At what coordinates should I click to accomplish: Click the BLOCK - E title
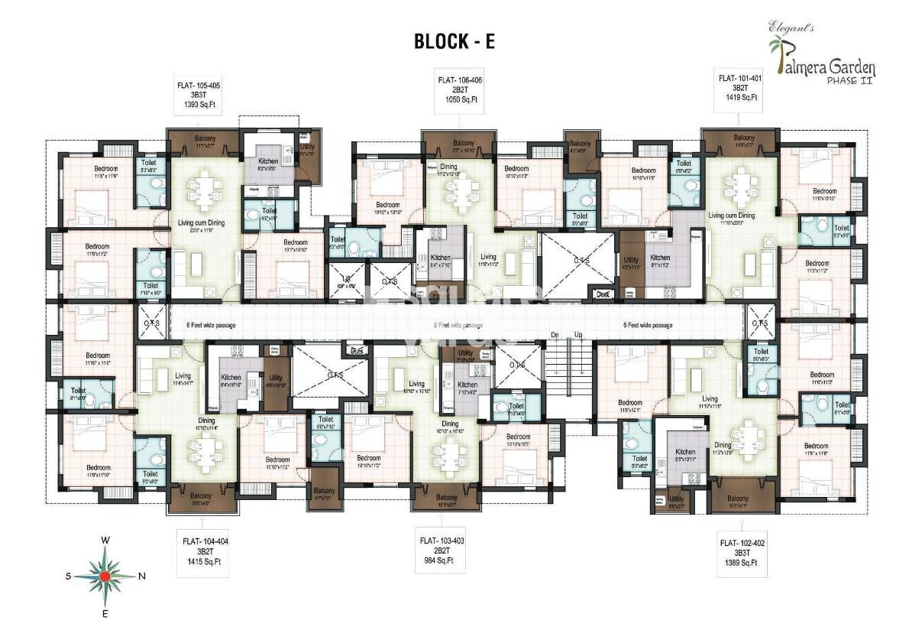pos(454,41)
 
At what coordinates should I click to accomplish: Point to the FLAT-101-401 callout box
pos(739,88)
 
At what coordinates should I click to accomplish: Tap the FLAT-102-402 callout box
pos(741,553)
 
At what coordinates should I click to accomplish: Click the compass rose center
pos(105,576)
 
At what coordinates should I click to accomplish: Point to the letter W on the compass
pos(105,541)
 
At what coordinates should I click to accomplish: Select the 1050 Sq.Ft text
pos(460,99)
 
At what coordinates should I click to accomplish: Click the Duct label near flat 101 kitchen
pos(603,293)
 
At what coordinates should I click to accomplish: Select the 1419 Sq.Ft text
pos(739,98)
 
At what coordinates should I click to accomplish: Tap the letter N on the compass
pos(142,576)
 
